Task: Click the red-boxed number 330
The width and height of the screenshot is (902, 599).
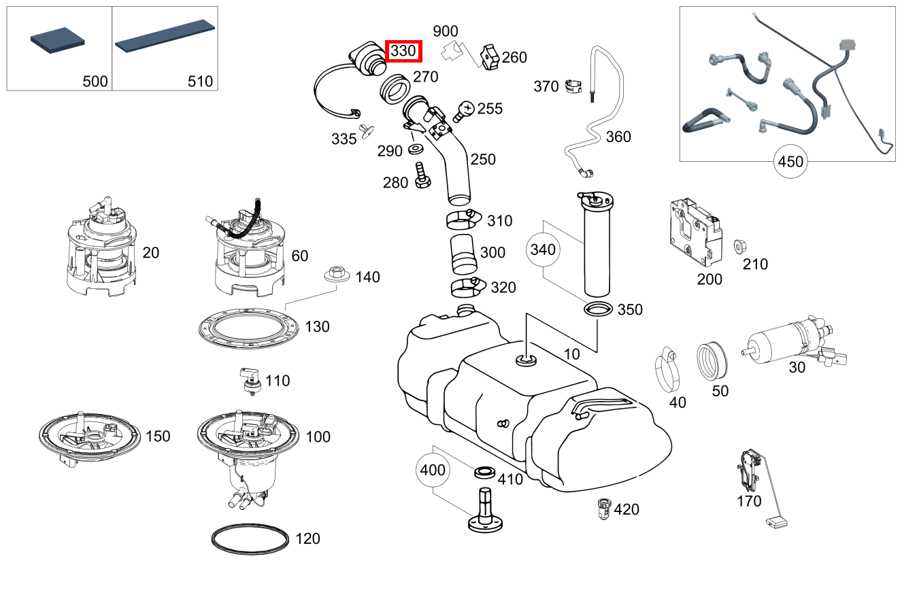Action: point(404,50)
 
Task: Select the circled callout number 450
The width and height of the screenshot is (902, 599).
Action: point(790,162)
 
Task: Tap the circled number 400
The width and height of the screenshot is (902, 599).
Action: point(433,469)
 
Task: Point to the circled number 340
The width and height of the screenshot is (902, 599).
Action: point(543,250)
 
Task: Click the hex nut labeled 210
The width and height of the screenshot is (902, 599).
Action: point(737,245)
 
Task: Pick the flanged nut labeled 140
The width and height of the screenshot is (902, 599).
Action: point(335,274)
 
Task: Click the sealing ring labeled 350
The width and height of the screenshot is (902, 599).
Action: point(598,309)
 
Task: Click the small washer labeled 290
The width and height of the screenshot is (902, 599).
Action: point(416,149)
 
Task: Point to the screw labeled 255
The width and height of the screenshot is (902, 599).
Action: point(464,109)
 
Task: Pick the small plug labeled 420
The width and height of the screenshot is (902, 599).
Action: point(601,508)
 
